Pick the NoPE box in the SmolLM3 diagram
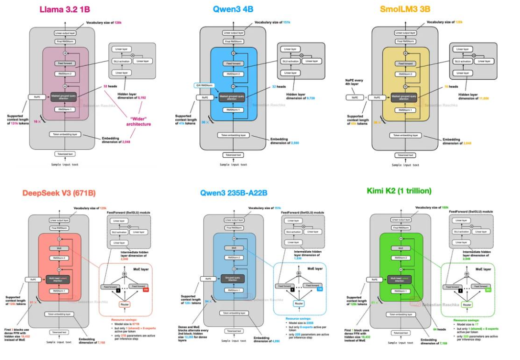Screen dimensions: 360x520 355,97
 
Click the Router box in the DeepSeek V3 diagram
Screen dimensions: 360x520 125,305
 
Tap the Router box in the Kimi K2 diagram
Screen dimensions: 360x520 467,305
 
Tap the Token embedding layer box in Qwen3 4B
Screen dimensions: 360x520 233,135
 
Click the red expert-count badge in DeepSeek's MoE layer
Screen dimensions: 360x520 145,289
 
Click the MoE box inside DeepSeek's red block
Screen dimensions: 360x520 59,248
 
